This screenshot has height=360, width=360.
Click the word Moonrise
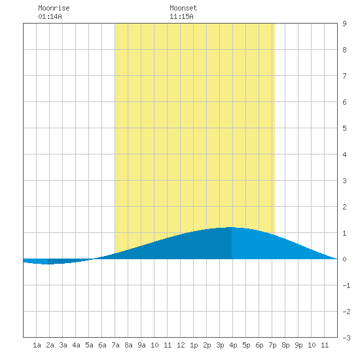coord(54,8)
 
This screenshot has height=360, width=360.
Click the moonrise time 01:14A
coord(50,16)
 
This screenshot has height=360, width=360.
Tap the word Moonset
coord(183,8)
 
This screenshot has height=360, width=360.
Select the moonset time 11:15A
coord(181,16)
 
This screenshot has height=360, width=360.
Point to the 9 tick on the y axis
coord(344,24)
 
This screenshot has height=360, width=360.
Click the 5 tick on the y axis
coord(344,128)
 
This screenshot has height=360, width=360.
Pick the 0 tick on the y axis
coord(344,259)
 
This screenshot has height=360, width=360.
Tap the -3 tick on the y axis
coord(346,338)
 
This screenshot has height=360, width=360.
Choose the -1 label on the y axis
coord(346,285)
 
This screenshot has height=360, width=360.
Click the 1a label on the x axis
coord(37,345)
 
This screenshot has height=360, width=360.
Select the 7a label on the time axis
coord(115,345)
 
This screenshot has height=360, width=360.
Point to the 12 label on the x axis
coord(181,345)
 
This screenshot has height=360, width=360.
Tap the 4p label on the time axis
coord(233,345)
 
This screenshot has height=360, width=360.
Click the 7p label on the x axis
coord(272,345)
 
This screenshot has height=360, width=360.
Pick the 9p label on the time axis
coord(298,345)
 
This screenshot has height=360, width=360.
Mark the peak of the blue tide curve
coord(232,227)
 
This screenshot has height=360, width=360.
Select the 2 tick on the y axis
coord(344,207)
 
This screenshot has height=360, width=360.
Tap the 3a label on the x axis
coord(63,345)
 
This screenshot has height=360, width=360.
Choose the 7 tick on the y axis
coord(344,76)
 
